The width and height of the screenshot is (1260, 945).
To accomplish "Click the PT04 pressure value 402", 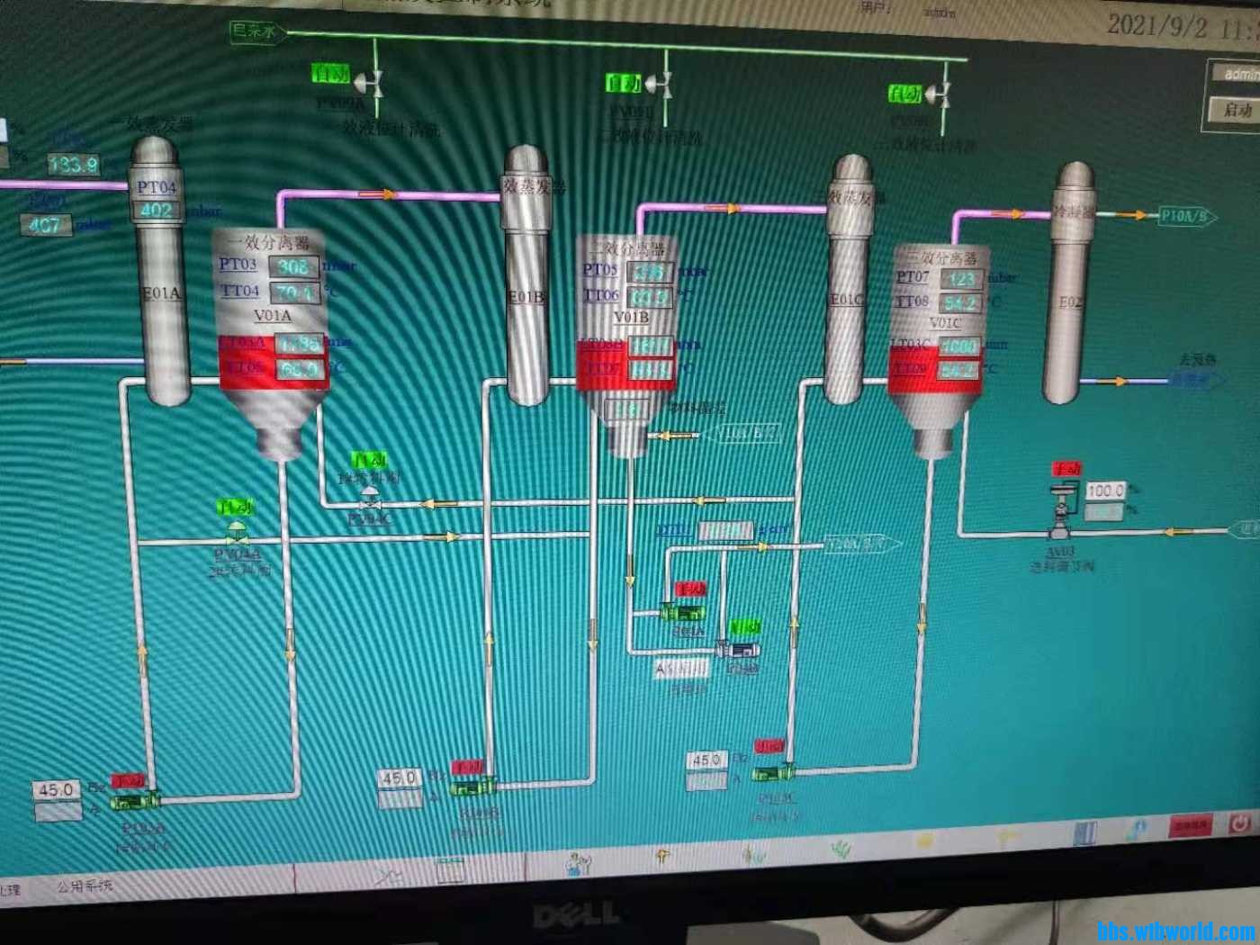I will (157, 211).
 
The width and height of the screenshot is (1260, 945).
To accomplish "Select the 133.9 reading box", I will (73, 164).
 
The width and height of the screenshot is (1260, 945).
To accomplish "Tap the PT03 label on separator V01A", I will (238, 264).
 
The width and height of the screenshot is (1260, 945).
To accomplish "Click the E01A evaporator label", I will (161, 293).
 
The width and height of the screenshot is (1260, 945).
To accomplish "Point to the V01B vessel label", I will (631, 317).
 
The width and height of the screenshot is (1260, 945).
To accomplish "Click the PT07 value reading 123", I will (960, 279).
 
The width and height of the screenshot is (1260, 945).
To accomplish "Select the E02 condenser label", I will (1070, 302).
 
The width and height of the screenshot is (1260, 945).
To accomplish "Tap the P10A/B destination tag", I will (1185, 216).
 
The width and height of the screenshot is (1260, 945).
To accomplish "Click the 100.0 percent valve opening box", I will (1104, 490).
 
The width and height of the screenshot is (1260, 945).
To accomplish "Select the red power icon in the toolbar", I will (1239, 823).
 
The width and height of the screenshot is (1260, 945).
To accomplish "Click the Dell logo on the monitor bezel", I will (576, 916).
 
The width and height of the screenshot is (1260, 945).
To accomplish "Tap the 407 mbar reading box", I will (46, 224).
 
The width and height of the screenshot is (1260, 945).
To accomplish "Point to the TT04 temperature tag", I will (240, 291).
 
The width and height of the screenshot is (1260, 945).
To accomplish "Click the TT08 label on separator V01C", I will (912, 301).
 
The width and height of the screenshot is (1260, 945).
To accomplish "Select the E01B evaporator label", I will (526, 297).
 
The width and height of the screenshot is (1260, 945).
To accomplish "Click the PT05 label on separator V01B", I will (599, 269).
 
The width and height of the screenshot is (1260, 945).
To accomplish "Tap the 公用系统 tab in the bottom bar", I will (85, 886).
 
